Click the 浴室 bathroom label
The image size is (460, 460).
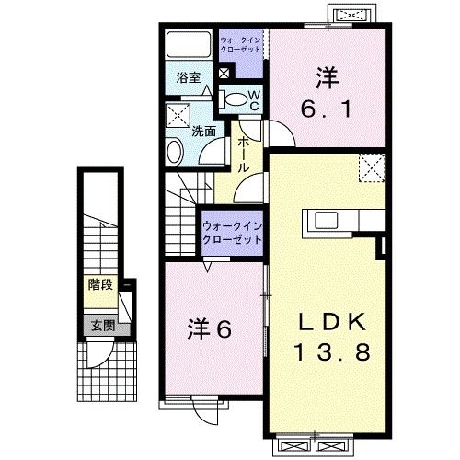click(x=188, y=79)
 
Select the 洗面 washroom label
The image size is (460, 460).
click(x=203, y=132)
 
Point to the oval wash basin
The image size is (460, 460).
click(x=174, y=150)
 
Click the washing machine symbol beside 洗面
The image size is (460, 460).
click(x=177, y=115)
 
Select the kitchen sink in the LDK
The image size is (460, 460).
click(x=327, y=222)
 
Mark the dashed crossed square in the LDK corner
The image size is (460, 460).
click(x=372, y=169)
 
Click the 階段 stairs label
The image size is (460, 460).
click(x=101, y=284)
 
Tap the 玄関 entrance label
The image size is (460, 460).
click(x=101, y=325)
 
